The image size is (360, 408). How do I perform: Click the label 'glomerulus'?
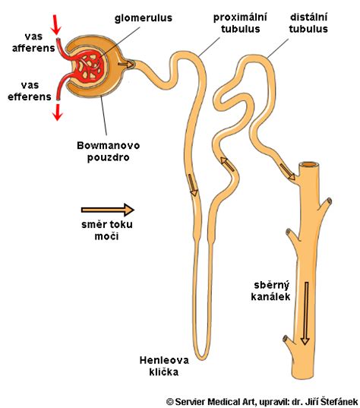144,18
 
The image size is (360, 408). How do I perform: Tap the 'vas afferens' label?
33,42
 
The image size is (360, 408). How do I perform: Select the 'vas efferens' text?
30,91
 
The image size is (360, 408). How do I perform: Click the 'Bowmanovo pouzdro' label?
108,151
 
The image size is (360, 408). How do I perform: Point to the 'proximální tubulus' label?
240,23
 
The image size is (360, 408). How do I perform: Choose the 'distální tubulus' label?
308,23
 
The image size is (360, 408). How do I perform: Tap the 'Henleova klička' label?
164,366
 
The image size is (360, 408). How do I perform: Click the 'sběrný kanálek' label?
271,291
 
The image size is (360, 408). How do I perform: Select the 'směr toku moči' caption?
107,230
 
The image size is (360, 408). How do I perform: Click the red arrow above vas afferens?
56,25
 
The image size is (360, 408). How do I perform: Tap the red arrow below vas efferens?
58,112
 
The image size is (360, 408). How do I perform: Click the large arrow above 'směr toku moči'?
108,210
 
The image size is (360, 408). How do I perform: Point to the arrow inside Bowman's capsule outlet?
125,64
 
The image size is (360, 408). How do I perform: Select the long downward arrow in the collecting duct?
305,313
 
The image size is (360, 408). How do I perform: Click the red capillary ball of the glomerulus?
89,67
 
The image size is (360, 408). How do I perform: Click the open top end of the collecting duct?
309,164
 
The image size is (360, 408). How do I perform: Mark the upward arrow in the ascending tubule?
227,163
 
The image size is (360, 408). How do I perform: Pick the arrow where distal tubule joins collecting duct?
287,172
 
